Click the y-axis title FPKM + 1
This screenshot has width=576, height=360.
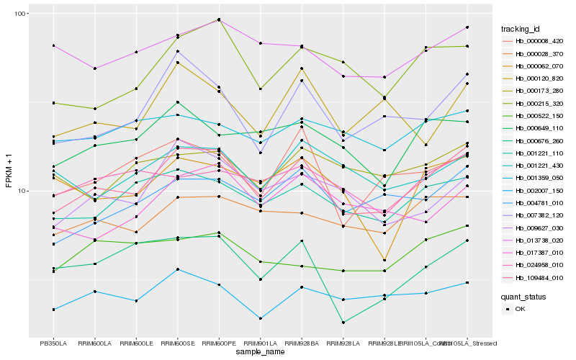pyautogui.click(x=9, y=174)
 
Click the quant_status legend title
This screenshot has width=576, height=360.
pyautogui.click(x=524, y=296)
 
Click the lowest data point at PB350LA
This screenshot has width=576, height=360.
pyautogui.click(x=53, y=310)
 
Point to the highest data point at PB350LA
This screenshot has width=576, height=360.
pyautogui.click(x=53, y=45)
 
